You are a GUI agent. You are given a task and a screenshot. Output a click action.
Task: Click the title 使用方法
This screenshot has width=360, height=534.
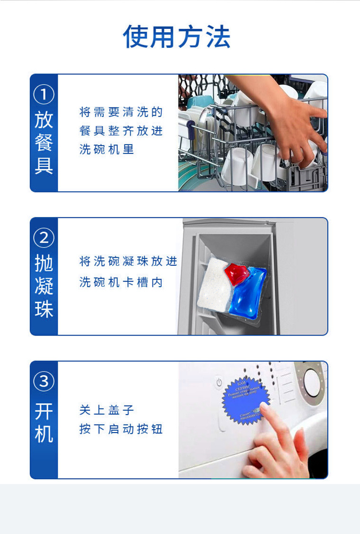[x=177, y=36]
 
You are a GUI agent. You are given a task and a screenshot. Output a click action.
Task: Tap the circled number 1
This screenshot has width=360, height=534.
[x=44, y=95]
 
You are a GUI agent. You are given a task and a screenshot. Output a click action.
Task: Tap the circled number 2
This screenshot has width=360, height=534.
[x=44, y=238]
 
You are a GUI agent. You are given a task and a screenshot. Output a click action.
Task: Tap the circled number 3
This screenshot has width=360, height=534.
[x=44, y=381]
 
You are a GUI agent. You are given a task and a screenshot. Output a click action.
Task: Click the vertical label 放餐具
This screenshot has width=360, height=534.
[x=44, y=143]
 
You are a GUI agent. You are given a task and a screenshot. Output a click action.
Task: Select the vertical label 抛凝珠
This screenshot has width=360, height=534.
[x=44, y=286]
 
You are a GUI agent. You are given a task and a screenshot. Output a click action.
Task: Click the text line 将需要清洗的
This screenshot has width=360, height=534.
[x=121, y=112]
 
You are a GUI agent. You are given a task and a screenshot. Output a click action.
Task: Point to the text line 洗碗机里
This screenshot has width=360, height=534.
[x=107, y=150]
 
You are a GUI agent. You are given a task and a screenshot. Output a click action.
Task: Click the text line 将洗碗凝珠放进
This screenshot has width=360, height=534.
[x=128, y=261]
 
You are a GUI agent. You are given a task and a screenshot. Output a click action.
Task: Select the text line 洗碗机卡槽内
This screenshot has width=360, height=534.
[x=121, y=282]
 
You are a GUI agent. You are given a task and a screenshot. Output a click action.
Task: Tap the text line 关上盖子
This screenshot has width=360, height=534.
[x=107, y=410]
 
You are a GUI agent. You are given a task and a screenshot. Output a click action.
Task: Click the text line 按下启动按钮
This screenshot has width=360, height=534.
[x=121, y=429]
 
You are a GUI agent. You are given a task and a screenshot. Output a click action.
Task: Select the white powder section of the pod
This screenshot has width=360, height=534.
[x=213, y=284]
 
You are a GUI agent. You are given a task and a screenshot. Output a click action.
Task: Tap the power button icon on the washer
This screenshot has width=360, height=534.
[x=219, y=381]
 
